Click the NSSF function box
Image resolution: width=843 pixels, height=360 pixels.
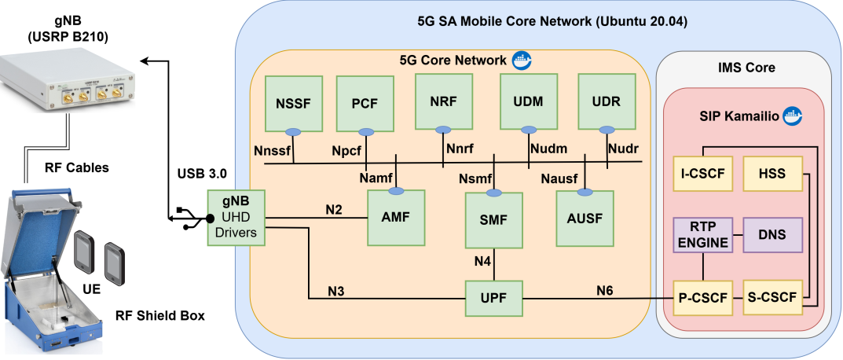click(294, 103)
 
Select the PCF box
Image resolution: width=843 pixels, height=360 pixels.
click(365, 103)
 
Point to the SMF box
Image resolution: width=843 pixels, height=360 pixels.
click(494, 219)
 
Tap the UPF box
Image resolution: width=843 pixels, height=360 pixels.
click(494, 299)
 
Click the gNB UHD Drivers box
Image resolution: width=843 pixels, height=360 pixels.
click(236, 219)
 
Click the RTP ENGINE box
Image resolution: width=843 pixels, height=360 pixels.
click(702, 234)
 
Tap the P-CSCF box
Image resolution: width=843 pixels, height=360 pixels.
click(702, 298)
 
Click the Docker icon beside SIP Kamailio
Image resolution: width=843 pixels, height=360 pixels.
click(793, 116)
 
